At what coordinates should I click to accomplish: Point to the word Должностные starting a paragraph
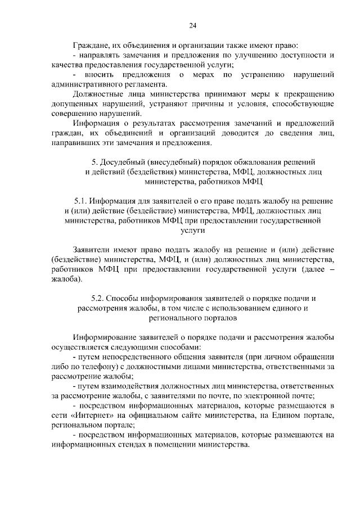tap(100, 94)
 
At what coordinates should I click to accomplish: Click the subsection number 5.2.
tap(97, 298)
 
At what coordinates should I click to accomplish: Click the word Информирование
tap(106, 337)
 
